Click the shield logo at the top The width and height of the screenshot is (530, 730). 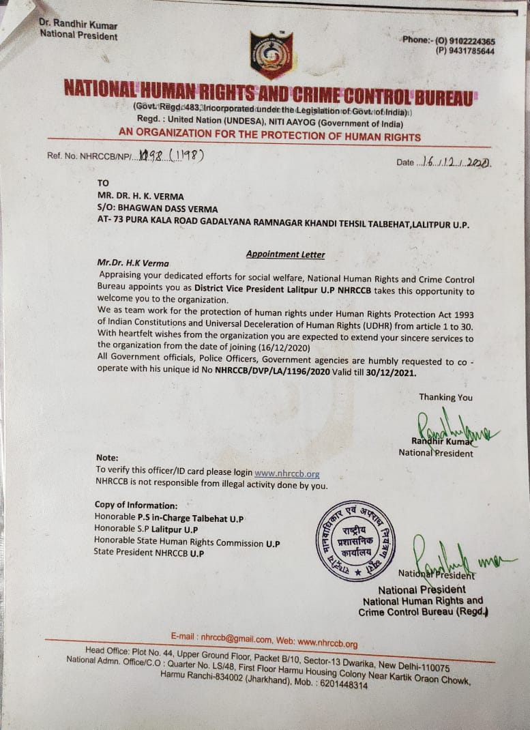click(271, 55)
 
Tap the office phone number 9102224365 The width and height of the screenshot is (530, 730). click(471, 41)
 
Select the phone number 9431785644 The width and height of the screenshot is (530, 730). click(471, 51)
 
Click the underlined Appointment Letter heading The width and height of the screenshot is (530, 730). click(285, 254)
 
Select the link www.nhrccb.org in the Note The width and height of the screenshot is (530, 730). click(286, 473)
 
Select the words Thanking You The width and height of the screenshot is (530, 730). click(445, 397)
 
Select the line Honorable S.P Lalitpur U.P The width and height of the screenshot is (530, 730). click(147, 529)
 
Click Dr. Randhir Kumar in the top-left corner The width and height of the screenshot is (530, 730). click(78, 25)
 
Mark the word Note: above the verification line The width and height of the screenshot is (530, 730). click(107, 458)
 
